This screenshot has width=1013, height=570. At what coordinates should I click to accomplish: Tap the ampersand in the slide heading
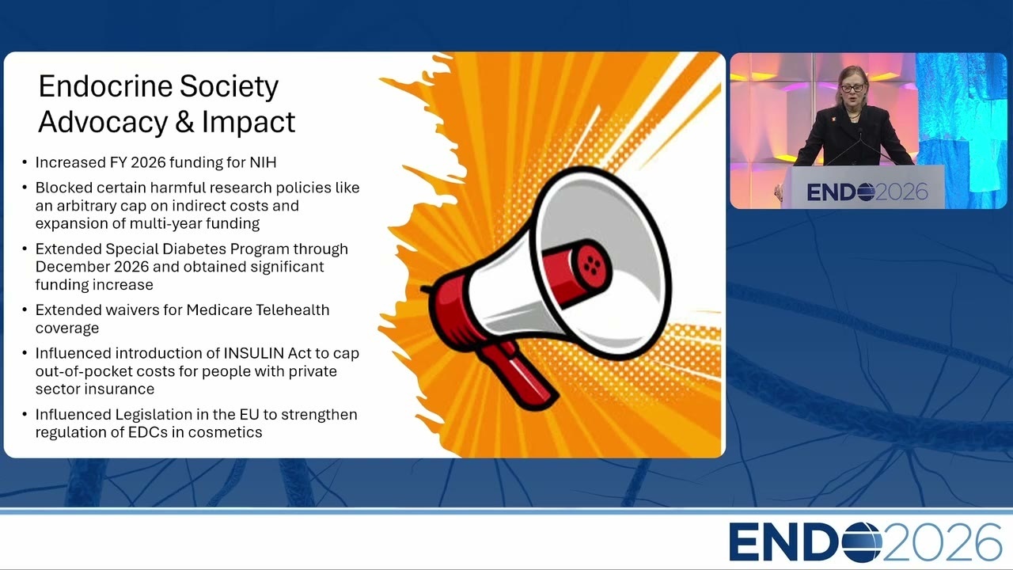pyautogui.click(x=184, y=122)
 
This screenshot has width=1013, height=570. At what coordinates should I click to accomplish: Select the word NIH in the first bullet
pyautogui.click(x=263, y=162)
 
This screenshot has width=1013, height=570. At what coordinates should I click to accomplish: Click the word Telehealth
pyautogui.click(x=293, y=310)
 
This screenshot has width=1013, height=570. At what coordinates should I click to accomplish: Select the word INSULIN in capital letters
pyautogui.click(x=254, y=353)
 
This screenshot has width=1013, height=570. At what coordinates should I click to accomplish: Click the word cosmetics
pyautogui.click(x=225, y=432)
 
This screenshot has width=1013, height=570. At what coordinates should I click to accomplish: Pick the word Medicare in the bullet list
pyautogui.click(x=219, y=310)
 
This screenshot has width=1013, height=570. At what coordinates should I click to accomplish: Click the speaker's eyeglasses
pyautogui.click(x=852, y=87)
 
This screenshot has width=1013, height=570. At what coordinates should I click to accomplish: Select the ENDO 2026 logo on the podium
pyautogui.click(x=867, y=192)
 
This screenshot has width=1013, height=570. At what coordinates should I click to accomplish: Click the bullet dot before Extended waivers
pyautogui.click(x=25, y=310)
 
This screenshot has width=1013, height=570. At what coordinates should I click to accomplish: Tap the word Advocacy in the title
pyautogui.click(x=103, y=122)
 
